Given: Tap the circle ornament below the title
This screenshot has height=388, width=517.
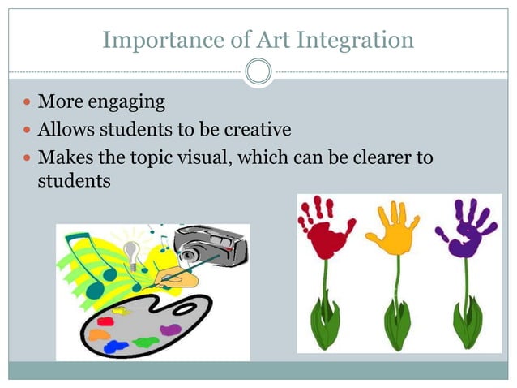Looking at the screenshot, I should [x=258, y=73].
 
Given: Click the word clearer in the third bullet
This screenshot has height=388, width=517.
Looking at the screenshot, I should [x=382, y=157].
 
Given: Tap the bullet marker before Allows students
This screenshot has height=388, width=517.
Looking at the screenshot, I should [x=28, y=131].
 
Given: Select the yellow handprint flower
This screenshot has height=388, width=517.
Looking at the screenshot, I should [x=394, y=227].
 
